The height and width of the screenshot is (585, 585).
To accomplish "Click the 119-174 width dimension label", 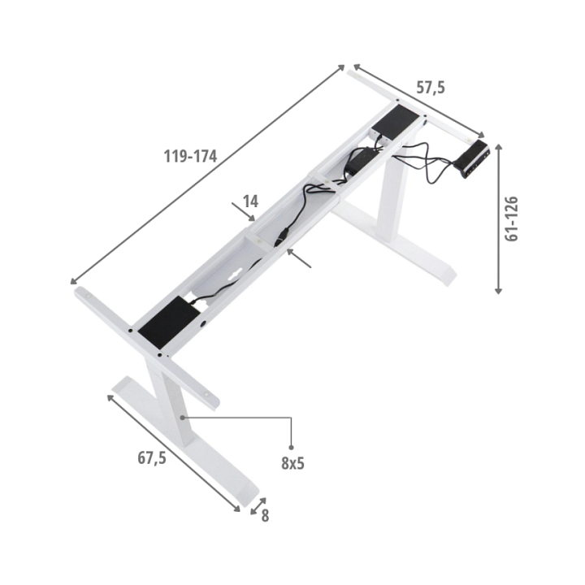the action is click(x=190, y=156).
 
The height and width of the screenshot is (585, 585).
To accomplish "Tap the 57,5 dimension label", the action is click(x=431, y=88).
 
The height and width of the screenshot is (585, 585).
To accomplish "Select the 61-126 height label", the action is click(x=512, y=219).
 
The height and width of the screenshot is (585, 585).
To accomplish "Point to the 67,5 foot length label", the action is click(x=151, y=457).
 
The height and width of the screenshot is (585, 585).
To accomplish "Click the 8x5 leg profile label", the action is click(x=292, y=463).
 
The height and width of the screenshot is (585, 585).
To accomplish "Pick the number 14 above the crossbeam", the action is click(x=250, y=201).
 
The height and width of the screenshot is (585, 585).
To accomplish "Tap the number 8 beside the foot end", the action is click(x=265, y=516).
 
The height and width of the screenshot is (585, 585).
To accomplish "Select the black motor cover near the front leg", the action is click(x=170, y=323).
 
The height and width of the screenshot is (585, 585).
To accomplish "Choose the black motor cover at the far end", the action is click(x=395, y=123).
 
